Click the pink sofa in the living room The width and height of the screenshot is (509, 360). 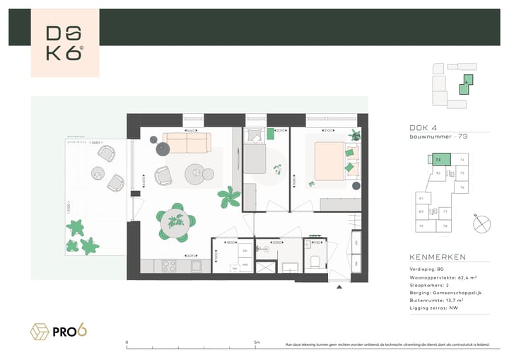pyautogui.click(x=187, y=144)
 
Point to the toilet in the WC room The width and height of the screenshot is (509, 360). pyautogui.click(x=315, y=263)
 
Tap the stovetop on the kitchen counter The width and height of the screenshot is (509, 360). pyautogui.click(x=170, y=266)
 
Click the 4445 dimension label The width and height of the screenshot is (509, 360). pyautogui.click(x=190, y=132)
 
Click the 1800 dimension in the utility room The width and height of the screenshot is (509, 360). pyautogui.click(x=230, y=243)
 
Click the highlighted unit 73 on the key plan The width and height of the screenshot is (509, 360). pyautogui.click(x=439, y=161)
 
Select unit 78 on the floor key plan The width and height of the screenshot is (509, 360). pyautogui.click(x=445, y=226)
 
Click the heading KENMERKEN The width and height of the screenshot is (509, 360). pyautogui.click(x=437, y=257)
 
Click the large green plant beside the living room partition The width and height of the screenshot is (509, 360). pyautogui.click(x=229, y=197)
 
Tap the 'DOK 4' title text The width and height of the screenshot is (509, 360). pyautogui.click(x=423, y=127)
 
